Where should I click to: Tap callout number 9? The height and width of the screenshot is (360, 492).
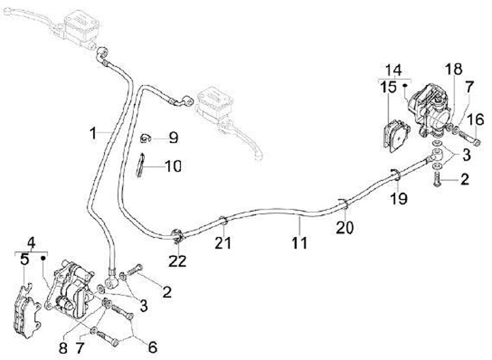pos(173,138)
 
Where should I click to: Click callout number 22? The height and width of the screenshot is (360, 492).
pos(178,260)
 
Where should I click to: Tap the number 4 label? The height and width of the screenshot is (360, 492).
pos(30,243)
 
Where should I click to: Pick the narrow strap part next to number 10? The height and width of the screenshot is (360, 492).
pos(141,165)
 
